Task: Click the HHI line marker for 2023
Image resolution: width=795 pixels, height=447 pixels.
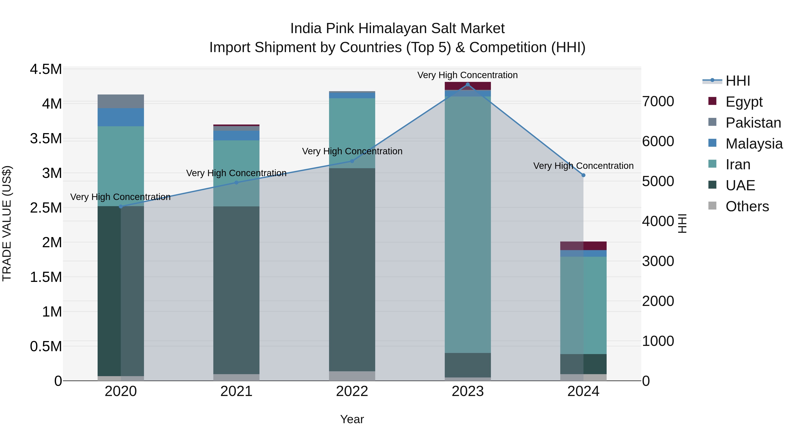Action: click(x=468, y=85)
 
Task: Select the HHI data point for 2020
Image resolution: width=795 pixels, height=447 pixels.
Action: click(x=121, y=206)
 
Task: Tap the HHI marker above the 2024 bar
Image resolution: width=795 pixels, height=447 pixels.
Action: click(x=583, y=175)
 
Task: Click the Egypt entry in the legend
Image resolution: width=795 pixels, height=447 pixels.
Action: click(x=744, y=102)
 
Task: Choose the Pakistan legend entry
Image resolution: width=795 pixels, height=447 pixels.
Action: click(x=753, y=123)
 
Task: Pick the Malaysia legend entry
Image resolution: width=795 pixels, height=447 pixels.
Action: click(x=754, y=144)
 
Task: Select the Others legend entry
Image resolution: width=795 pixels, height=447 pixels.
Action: click(x=747, y=206)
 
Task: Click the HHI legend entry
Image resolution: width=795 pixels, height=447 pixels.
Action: click(x=738, y=81)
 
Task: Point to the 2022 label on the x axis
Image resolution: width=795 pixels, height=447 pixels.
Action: click(x=352, y=391)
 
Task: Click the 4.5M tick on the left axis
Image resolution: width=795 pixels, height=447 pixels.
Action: click(x=46, y=69)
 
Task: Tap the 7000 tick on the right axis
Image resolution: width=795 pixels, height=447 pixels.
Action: click(x=658, y=102)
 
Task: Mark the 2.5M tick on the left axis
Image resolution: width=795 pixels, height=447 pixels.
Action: click(x=46, y=208)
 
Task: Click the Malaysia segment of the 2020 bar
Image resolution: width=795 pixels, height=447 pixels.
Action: click(x=121, y=117)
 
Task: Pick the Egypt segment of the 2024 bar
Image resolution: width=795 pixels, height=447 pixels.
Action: click(x=583, y=246)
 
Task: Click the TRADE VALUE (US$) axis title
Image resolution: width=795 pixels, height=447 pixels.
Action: click(x=7, y=223)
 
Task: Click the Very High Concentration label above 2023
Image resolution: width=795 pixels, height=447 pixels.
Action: click(x=468, y=75)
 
